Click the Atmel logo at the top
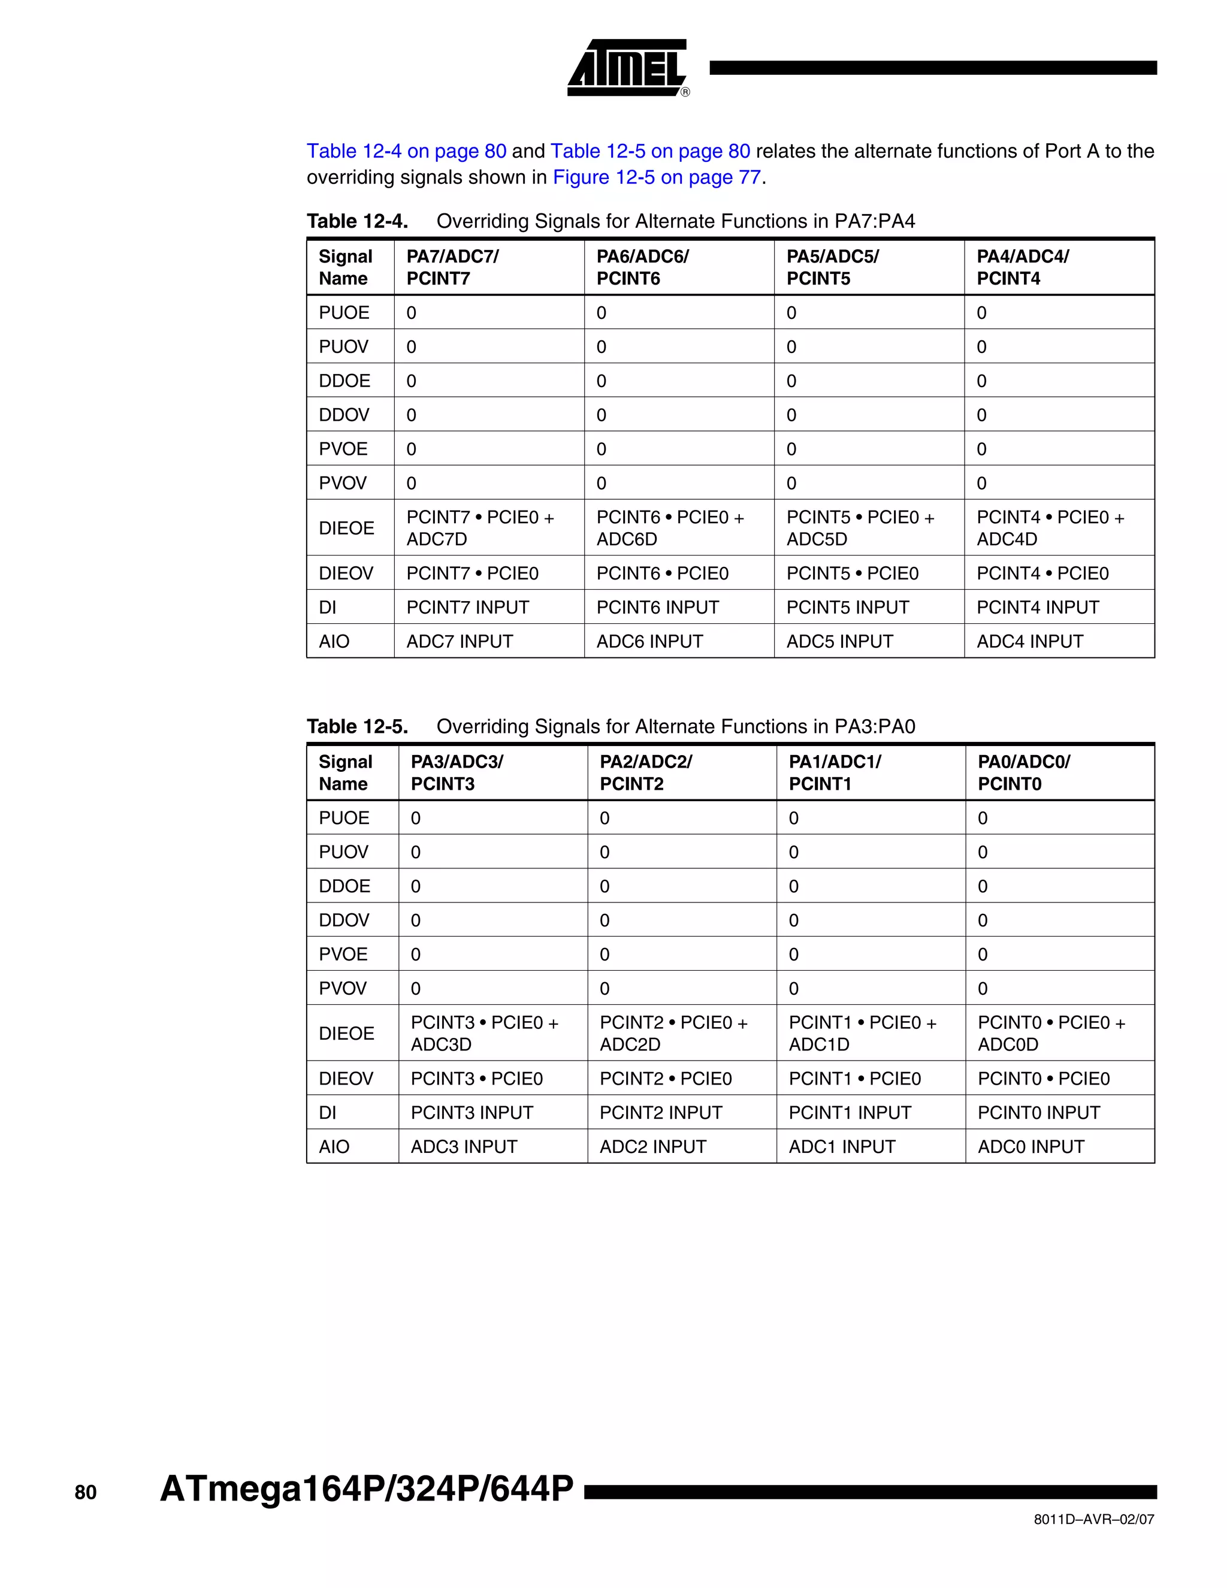(x=627, y=68)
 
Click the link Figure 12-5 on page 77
(x=657, y=177)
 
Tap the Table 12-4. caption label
(x=357, y=221)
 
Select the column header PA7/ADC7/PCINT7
(x=452, y=268)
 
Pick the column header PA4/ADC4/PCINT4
(x=1022, y=268)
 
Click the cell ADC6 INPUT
(x=649, y=641)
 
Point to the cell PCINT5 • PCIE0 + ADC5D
(x=860, y=528)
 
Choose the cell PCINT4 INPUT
(x=1037, y=607)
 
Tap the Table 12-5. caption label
(x=357, y=726)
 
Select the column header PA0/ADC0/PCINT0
(x=1023, y=773)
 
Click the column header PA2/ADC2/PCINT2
(x=645, y=773)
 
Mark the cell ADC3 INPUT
(x=464, y=1146)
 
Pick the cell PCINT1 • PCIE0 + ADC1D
(x=862, y=1033)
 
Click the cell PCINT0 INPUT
(x=1038, y=1112)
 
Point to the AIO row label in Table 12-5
(x=334, y=1146)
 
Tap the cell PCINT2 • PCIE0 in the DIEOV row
(x=665, y=1078)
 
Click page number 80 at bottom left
(x=85, y=1493)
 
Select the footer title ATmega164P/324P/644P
(x=366, y=1489)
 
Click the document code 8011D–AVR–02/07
(x=1093, y=1520)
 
